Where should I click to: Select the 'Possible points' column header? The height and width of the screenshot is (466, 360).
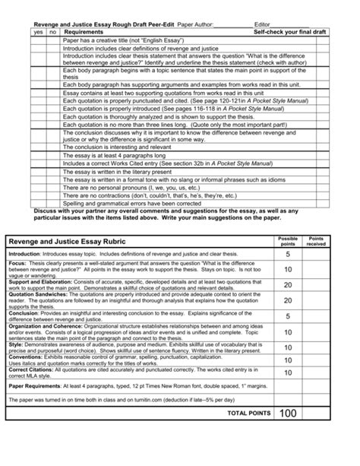click(289, 241)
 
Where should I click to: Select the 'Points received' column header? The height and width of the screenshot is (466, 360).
click(315, 241)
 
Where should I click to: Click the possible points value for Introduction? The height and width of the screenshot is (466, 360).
click(288, 254)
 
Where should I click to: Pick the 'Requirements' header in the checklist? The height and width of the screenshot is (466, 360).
click(84, 33)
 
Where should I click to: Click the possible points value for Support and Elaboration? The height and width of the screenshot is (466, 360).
click(288, 286)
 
